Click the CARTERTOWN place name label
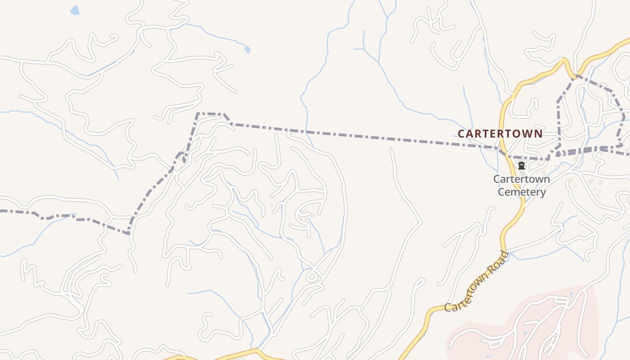pos(500,134)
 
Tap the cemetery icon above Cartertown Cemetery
pos(522,166)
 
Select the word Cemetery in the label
pos(522,193)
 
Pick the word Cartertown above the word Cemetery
pos(522,179)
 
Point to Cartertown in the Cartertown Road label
pos(468,292)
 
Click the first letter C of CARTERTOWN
pos(461,134)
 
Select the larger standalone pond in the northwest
pos(75,10)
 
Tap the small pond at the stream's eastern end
pos(247,49)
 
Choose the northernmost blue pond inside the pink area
pos(571,294)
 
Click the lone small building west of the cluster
pos(271,206)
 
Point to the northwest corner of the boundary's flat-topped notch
pos(198,113)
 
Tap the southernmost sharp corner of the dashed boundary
pos(129,234)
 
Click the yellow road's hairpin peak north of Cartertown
pos(563,60)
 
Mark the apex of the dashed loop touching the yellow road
pos(574,76)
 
